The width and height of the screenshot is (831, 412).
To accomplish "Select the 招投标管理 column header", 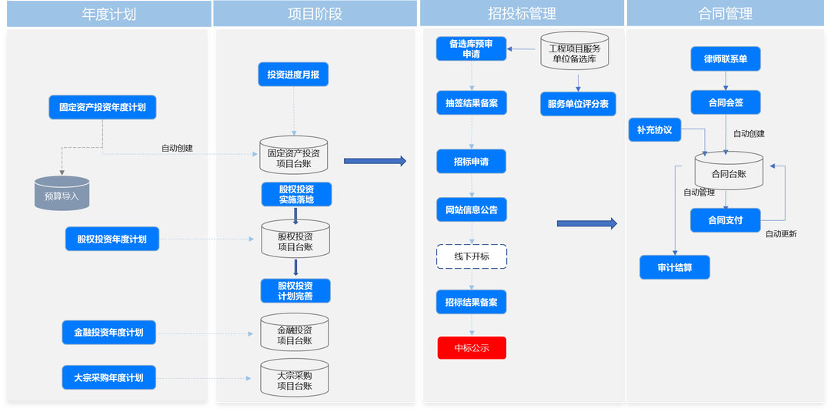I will pos(522,14).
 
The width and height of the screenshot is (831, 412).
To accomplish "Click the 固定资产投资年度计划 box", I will pos(102,108).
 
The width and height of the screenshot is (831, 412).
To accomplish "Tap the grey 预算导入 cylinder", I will pos(62,195).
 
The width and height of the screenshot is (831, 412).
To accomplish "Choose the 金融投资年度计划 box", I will pos(108,333).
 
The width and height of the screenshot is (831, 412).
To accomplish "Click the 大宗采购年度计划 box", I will pos(108,377).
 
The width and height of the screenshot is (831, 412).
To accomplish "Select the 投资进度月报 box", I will pos(293,75).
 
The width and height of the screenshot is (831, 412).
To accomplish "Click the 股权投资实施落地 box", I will pos(295,195).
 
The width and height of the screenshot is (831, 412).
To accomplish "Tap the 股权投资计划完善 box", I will pos(295,290).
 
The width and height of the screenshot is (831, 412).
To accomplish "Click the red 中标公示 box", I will pos(472,348).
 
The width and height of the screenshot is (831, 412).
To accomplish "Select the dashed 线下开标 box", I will pos(471,256).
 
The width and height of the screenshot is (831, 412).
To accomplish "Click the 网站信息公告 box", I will pos(471,209).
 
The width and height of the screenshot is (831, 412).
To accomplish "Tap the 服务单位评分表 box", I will pos(578,104).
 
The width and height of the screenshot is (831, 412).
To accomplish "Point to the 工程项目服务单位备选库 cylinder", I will pos(575,52).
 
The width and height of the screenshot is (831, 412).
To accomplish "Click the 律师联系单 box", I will pos(726,59).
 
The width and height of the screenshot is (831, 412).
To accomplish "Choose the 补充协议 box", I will pos(655,130).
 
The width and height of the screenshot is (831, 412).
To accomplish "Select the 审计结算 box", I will pos(674,267).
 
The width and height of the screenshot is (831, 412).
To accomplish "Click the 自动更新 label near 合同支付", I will pos(780,233).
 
